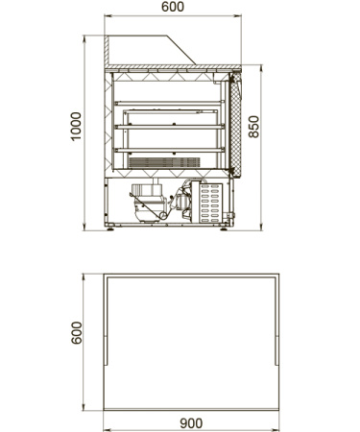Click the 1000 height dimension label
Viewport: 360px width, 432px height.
[76, 126]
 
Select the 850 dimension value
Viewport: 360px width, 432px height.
[253, 127]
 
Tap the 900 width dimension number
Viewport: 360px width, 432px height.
[191, 423]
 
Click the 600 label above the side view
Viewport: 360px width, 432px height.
[173, 7]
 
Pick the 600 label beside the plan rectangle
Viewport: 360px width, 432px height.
[77, 333]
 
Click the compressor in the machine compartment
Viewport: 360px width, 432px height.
[148, 203]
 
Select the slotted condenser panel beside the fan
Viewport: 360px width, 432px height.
[210, 204]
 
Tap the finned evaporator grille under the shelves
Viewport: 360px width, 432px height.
[164, 162]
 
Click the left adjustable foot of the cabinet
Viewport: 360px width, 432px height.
[110, 228]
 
